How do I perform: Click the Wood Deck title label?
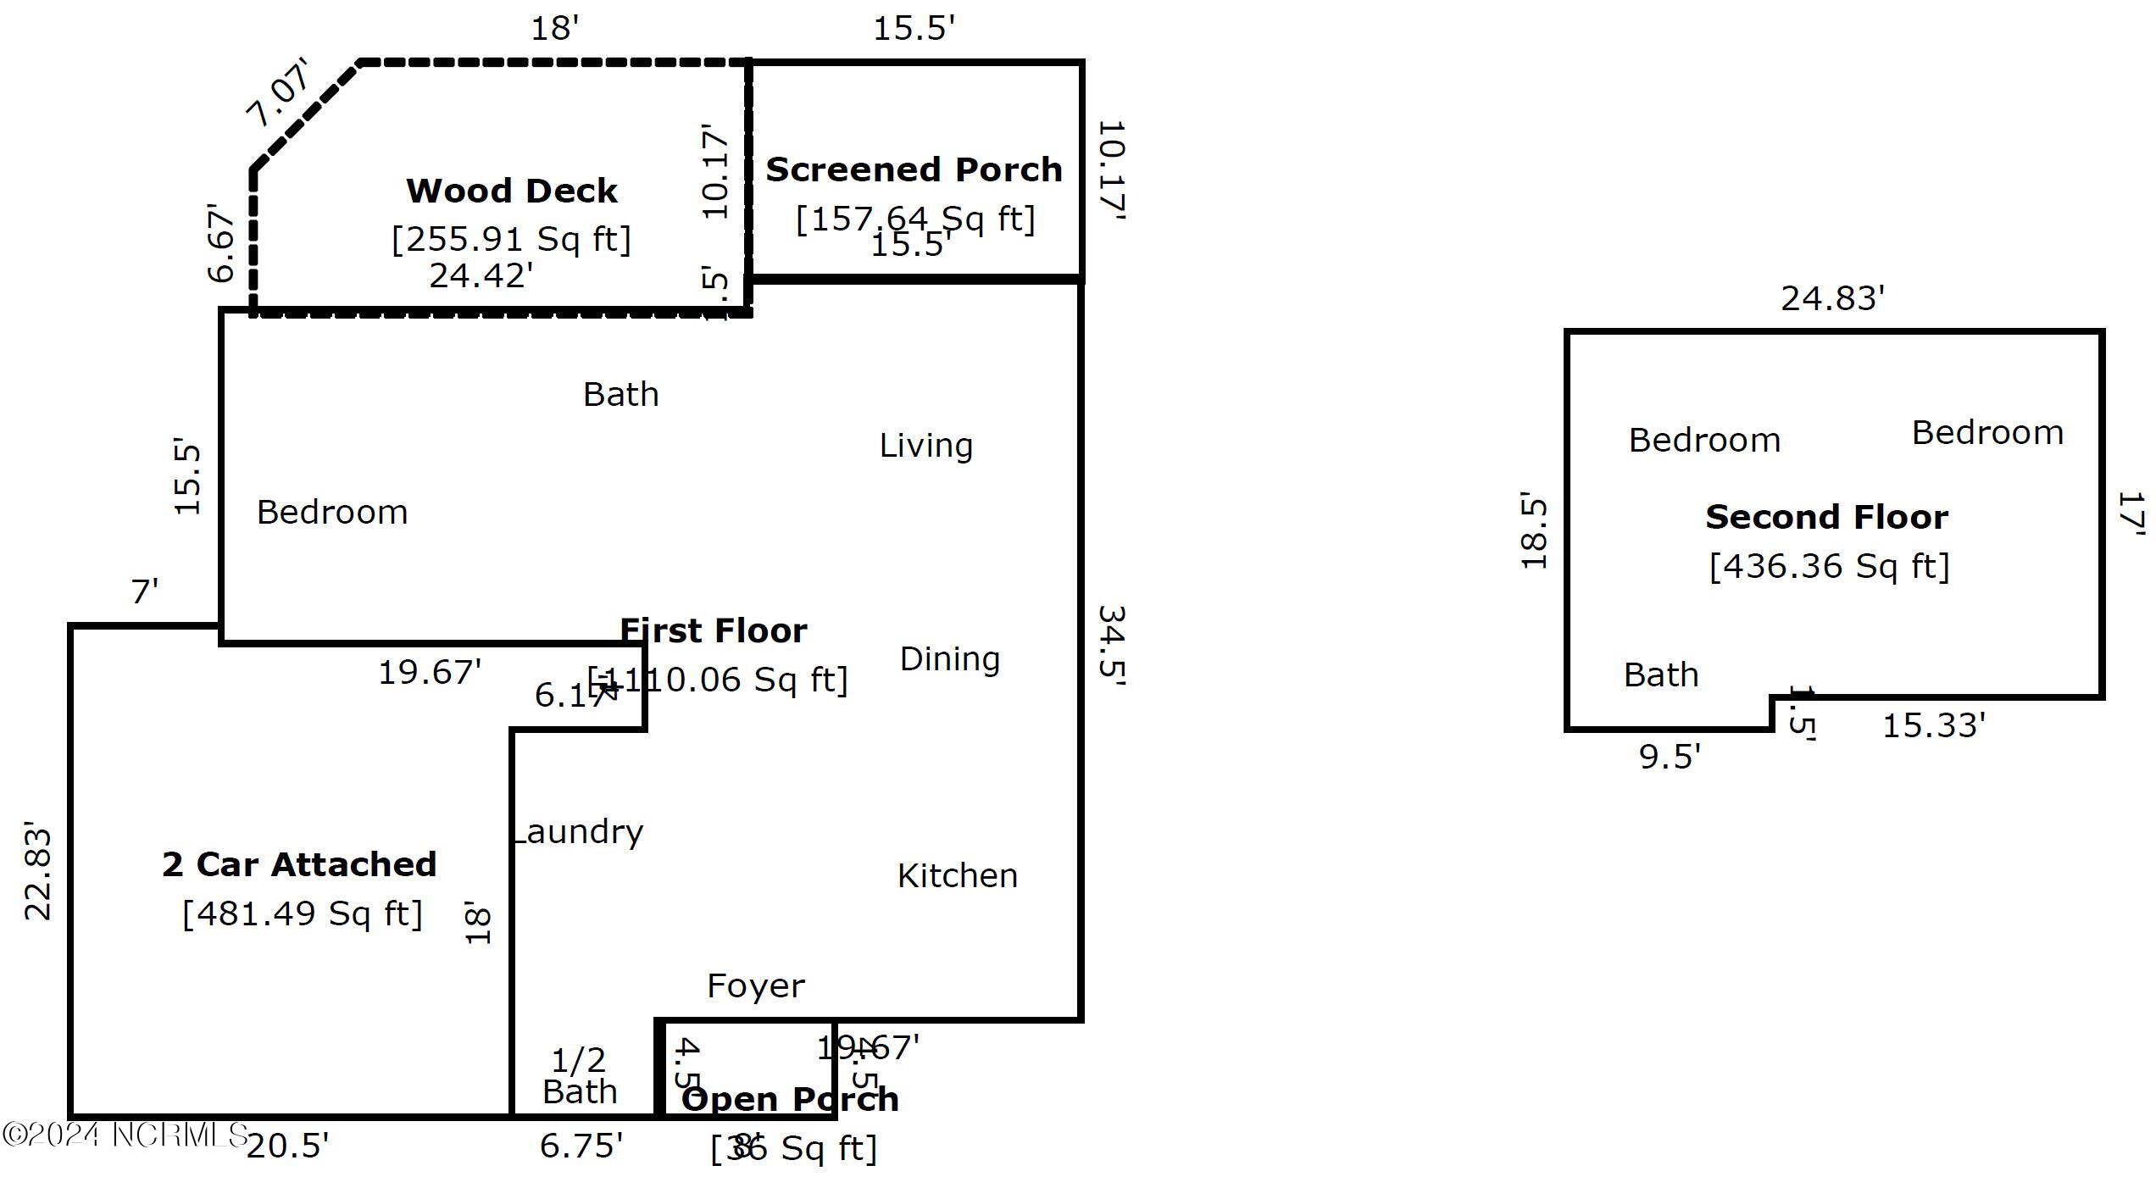[511, 191]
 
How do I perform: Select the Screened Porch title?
[914, 169]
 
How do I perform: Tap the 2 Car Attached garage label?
[299, 864]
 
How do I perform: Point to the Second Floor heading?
[1826, 517]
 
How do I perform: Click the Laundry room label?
[578, 832]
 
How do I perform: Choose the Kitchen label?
[957, 875]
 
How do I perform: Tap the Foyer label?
[755, 985]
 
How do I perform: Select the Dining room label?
[949, 658]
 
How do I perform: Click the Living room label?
[925, 445]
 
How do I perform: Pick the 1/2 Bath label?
[580, 1075]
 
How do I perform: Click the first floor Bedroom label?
[332, 512]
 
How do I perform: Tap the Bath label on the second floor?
[1660, 674]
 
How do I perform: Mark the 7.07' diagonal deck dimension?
[278, 92]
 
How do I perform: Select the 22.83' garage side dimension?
[37, 870]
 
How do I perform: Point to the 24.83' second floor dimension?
[1832, 298]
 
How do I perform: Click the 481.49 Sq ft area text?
[303, 913]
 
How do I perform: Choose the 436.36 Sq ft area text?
[1829, 566]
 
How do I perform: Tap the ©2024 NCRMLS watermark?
[125, 1135]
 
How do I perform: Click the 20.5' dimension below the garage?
[287, 1146]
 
